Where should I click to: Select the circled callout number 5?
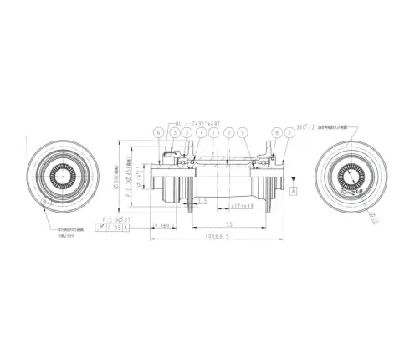click(172, 132)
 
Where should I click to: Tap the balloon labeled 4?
click(201, 132)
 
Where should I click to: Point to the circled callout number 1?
click(214, 132)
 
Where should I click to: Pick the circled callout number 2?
click(228, 132)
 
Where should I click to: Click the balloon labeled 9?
click(242, 132)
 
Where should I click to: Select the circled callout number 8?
click(276, 132)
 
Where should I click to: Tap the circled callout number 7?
click(289, 132)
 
